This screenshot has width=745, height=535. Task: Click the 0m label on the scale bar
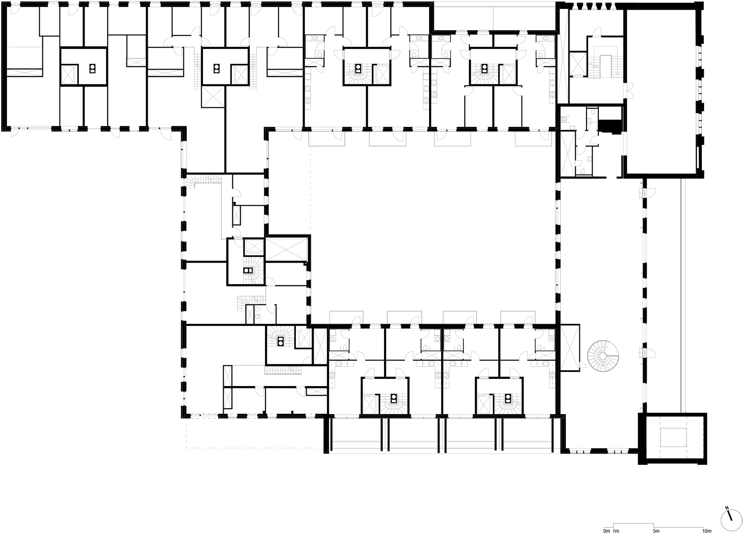(606, 531)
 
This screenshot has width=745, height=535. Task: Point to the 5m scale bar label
(656, 531)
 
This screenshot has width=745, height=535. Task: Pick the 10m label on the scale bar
(707, 531)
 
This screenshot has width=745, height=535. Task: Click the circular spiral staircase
(603, 356)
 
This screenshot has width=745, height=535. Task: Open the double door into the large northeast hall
(628, 91)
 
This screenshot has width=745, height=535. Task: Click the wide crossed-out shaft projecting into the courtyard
(287, 249)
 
